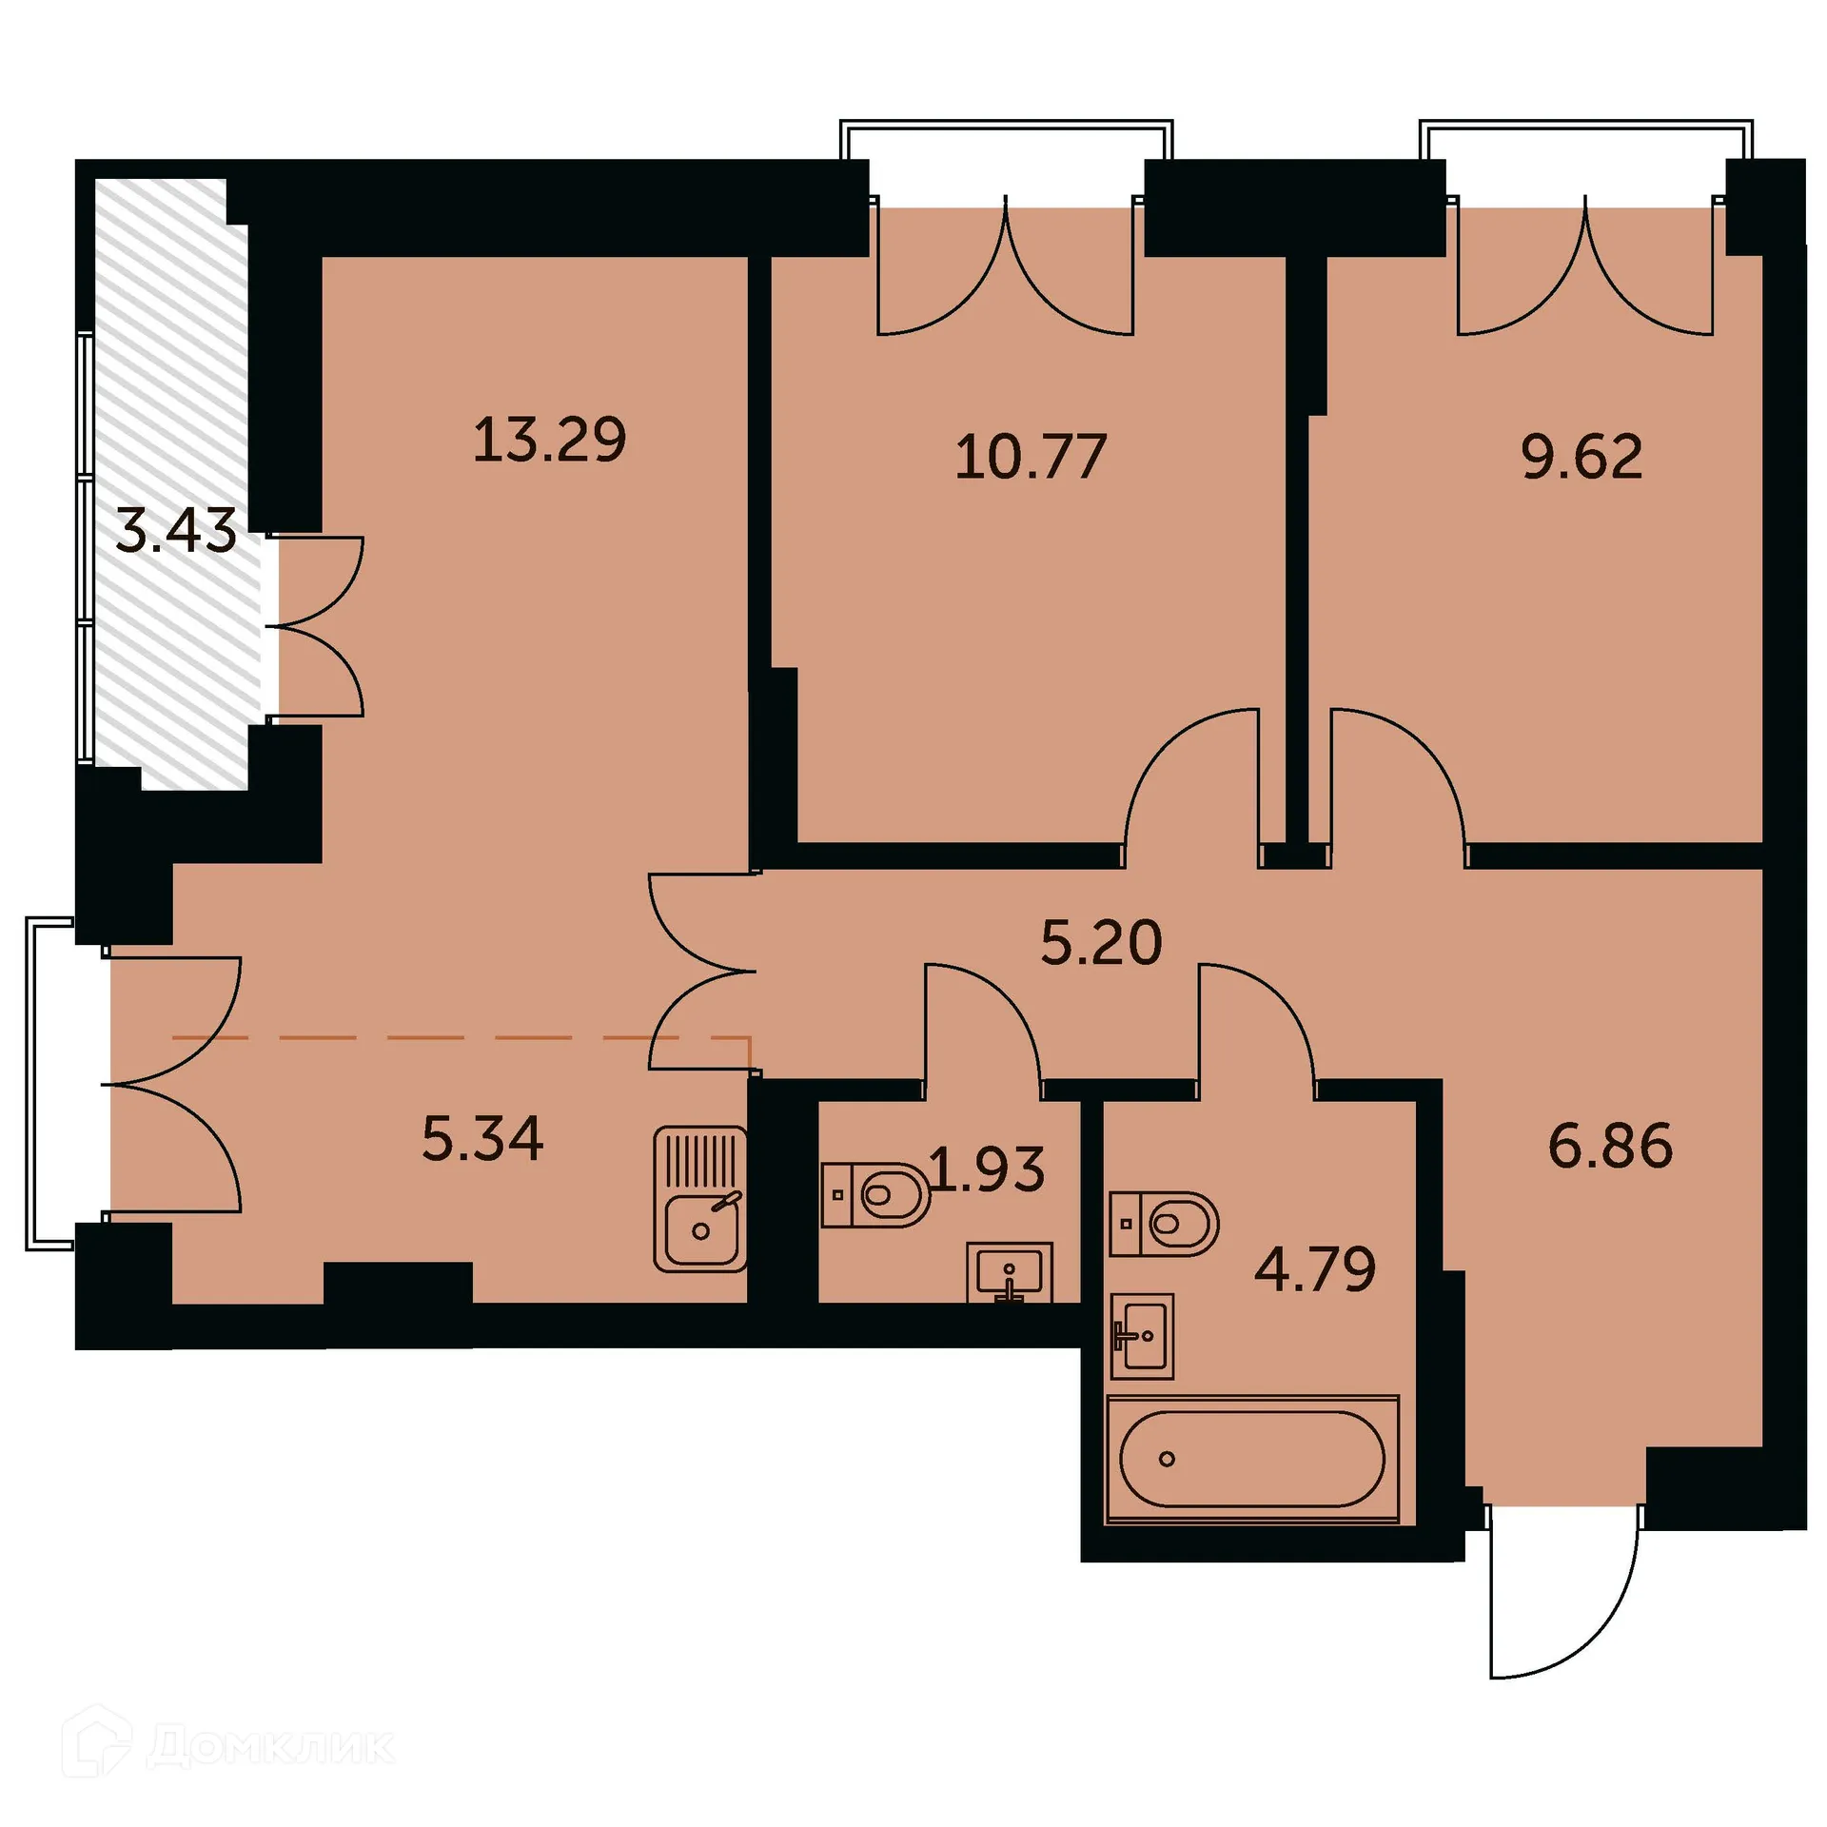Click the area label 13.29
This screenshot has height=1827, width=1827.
click(x=550, y=440)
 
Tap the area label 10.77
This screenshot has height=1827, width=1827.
click(x=1031, y=457)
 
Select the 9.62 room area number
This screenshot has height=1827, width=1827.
click(x=1581, y=457)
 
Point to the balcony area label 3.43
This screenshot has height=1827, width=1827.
click(x=175, y=531)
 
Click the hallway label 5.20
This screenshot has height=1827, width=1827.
click(x=1101, y=943)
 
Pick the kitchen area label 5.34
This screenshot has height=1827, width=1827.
click(x=482, y=1139)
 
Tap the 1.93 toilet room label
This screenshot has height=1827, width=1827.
click(x=987, y=1169)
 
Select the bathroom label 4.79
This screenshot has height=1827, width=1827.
click(x=1315, y=1268)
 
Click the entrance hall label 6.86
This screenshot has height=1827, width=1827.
click(x=1610, y=1145)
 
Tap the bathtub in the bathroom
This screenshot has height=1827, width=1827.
click(x=1252, y=1459)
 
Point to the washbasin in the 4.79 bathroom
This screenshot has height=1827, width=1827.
click(x=1142, y=1335)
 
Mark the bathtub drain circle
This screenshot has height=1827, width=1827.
click(x=1168, y=1459)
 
